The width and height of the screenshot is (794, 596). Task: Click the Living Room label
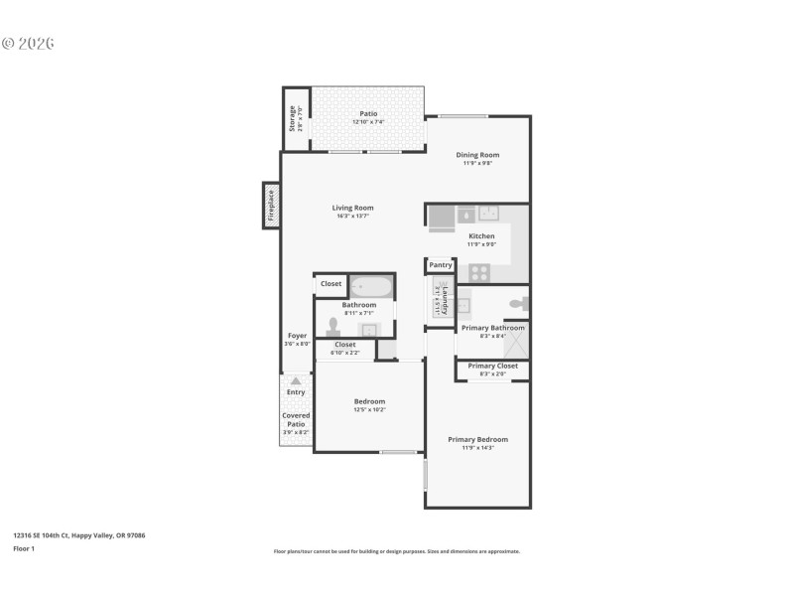point(354,208)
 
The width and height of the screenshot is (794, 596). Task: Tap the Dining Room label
point(477,155)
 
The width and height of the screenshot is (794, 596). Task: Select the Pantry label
point(441,265)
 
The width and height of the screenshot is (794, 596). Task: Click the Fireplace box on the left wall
point(270,205)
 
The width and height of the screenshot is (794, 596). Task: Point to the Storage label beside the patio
point(293,119)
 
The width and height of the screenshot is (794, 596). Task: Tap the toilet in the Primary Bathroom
point(517,303)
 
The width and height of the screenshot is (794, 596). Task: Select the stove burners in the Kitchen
point(479,271)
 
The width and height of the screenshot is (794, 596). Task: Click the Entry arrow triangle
point(295,380)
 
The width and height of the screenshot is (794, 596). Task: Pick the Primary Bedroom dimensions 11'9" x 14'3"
point(477,448)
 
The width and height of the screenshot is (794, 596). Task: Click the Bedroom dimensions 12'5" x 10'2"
point(369,409)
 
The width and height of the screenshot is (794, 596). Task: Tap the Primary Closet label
point(492,366)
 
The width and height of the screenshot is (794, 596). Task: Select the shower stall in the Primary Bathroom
point(516,341)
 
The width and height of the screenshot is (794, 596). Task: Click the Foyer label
point(298,336)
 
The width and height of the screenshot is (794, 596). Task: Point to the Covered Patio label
point(296,419)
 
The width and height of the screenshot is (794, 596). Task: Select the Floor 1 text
point(24,548)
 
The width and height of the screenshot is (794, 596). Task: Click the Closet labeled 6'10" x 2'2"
point(344,345)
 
